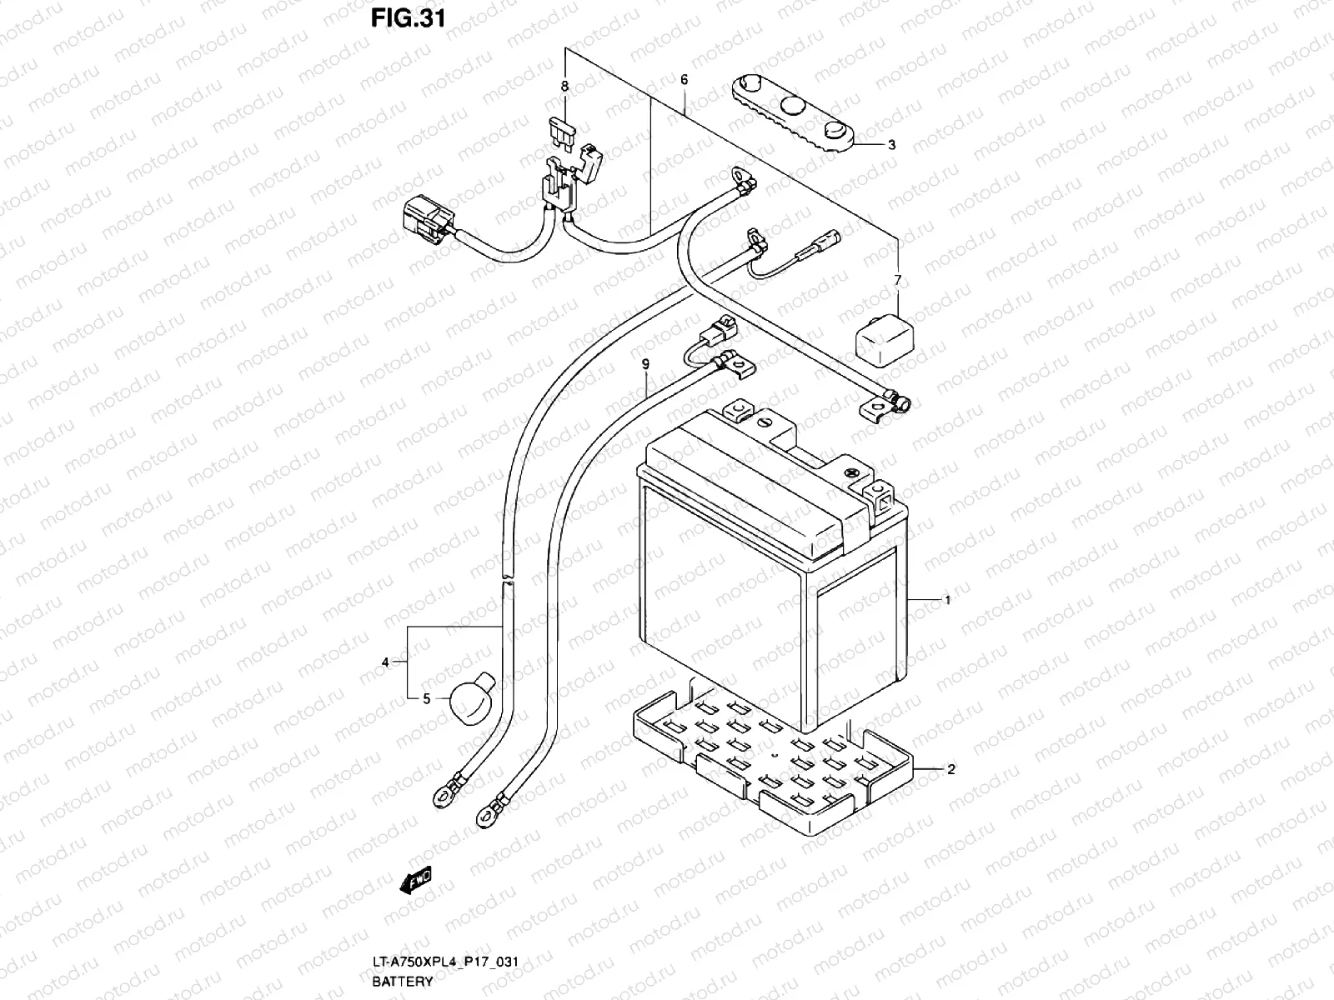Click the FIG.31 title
tap(408, 18)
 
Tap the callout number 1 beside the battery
tap(947, 600)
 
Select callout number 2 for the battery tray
tap(951, 769)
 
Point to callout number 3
tap(891, 145)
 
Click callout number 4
tap(384, 662)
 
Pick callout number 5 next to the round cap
tap(427, 699)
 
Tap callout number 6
tap(685, 79)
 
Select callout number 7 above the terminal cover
tap(898, 280)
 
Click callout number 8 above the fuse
tap(564, 86)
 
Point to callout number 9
tap(645, 364)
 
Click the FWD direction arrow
tap(416, 880)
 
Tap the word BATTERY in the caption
tap(403, 981)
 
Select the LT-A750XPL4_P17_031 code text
tap(445, 961)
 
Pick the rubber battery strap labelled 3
tap(793, 114)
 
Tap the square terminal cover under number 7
tap(885, 340)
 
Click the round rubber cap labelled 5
tap(472, 698)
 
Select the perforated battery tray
tap(773, 762)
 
